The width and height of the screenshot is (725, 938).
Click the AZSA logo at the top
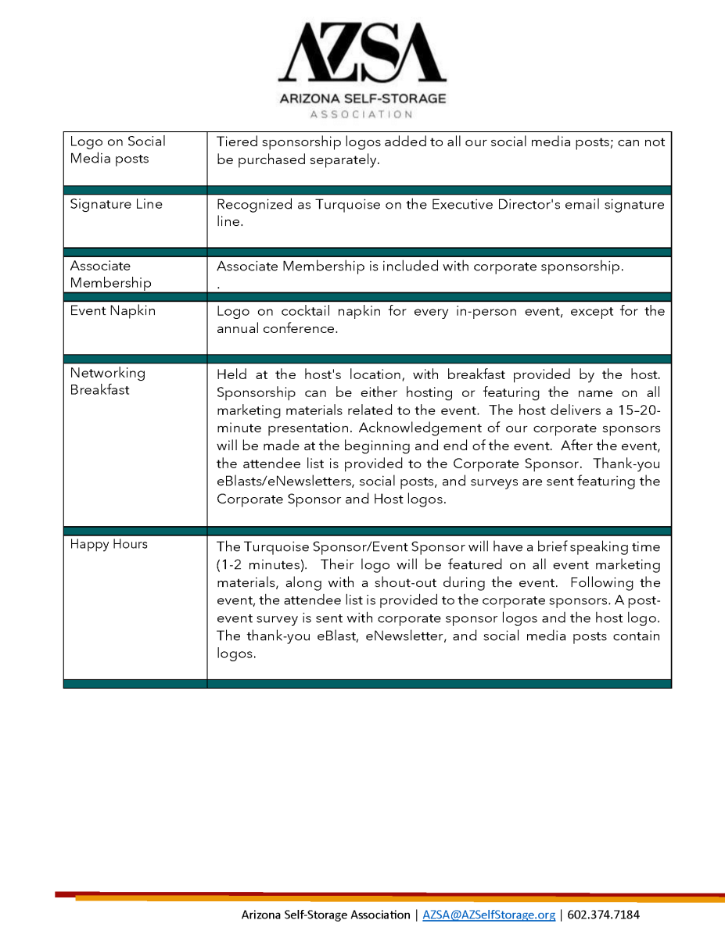point(362,53)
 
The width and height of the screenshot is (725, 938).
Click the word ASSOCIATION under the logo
point(362,115)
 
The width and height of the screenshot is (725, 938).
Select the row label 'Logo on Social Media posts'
point(117,150)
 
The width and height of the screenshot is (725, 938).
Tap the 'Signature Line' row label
point(116,204)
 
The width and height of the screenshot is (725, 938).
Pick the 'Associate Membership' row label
point(110,274)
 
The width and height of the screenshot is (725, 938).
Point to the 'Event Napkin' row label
point(113,310)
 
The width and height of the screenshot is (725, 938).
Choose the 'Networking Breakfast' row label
point(107,381)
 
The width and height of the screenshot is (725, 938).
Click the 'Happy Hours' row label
point(108,544)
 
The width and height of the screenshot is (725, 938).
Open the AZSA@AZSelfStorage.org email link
point(489,915)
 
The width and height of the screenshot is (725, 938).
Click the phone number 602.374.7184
point(603,915)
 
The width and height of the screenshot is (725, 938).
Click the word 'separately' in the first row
point(344,160)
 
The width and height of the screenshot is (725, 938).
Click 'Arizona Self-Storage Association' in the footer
point(325,915)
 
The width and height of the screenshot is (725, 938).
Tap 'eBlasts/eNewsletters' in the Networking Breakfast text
point(284,482)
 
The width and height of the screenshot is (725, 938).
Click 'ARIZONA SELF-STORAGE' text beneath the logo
point(362,98)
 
